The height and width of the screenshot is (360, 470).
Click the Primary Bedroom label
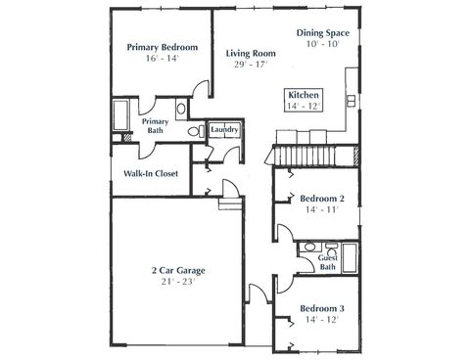pyautogui.click(x=164, y=47)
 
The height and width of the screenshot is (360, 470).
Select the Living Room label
pyautogui.click(x=247, y=53)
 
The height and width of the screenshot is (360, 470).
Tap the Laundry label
pyautogui.click(x=226, y=128)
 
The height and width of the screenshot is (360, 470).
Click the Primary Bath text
pyautogui.click(x=157, y=126)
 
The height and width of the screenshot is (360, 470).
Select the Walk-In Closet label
pyautogui.click(x=151, y=174)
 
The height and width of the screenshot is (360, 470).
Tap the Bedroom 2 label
pyautogui.click(x=322, y=198)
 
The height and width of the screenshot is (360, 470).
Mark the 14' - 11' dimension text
pyautogui.click(x=322, y=209)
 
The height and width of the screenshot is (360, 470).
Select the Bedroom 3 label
pyautogui.click(x=322, y=308)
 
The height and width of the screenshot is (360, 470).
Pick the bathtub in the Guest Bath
pyautogui.click(x=351, y=255)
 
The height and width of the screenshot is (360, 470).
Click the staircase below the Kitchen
pyautogui.click(x=305, y=156)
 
